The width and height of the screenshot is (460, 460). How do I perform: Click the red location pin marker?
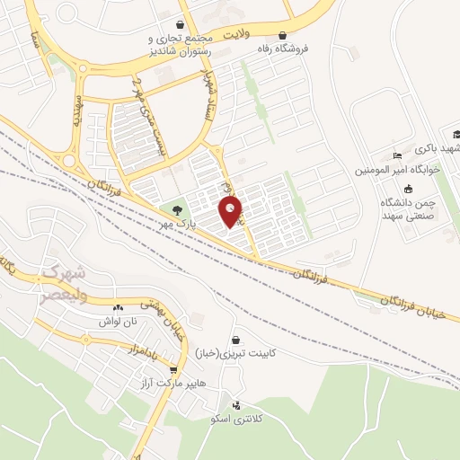231,212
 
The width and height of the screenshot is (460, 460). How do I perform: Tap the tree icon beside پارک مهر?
176,209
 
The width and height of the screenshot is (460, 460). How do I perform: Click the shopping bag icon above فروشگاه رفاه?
283,36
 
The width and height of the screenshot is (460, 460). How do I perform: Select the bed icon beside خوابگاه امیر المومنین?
399,155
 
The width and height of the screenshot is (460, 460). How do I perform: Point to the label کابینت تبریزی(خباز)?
261,353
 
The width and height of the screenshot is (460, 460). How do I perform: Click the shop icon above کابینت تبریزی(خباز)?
236,341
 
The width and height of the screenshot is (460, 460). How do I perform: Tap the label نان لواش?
118,321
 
